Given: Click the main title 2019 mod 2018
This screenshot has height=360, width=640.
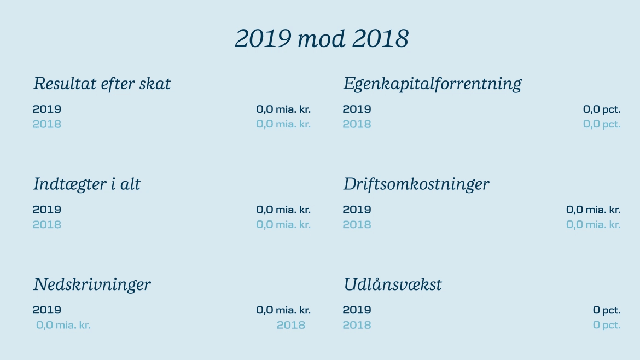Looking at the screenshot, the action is (322, 39).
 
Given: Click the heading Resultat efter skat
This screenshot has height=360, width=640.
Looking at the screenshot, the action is (102, 83).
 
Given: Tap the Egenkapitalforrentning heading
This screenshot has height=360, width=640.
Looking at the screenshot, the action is (432, 84).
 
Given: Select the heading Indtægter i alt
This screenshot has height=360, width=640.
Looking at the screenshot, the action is (86, 184).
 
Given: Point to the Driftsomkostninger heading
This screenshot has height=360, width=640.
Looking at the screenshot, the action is (416, 184).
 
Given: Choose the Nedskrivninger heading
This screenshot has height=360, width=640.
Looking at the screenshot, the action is (92, 284).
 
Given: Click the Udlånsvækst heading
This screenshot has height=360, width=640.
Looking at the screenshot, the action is (392, 284).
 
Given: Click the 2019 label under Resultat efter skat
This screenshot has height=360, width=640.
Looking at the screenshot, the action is (47, 109).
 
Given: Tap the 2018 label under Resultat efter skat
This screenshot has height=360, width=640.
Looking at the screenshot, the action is (47, 124).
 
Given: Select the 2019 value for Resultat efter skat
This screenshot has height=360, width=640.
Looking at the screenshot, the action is (283, 109).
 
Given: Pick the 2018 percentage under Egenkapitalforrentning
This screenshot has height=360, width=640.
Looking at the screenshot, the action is (602, 125).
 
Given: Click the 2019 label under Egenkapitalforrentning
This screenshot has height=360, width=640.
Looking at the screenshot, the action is (357, 109).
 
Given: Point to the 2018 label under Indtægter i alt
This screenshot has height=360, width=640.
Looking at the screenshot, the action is (47, 224).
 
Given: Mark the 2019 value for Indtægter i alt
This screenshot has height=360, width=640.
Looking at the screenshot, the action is (283, 210).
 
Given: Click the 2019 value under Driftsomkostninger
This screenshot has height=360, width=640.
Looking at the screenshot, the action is (593, 210).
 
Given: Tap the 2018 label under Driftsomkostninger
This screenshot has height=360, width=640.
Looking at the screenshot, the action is (357, 224).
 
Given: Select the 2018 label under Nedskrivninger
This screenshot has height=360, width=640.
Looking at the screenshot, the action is (290, 325).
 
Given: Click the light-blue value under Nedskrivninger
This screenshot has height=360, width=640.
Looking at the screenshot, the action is (63, 326).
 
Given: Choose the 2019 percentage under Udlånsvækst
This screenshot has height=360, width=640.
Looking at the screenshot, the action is (607, 310).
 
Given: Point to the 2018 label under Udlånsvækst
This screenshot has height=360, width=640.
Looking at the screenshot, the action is (357, 325).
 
